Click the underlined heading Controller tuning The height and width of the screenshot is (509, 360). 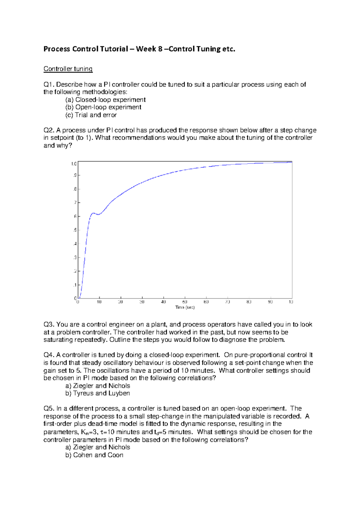68,69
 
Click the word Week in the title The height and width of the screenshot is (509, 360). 146,49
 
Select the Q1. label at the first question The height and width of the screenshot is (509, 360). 49,85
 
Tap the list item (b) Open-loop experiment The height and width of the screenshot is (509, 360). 103,107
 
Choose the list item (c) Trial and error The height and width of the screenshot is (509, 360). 91,115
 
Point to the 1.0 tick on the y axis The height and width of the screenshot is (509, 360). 74,164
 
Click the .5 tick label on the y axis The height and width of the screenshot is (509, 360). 75,230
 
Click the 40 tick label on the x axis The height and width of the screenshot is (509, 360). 163,302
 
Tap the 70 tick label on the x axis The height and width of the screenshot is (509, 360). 228,302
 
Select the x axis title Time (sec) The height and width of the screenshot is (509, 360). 185,308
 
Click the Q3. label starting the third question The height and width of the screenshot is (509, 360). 49,325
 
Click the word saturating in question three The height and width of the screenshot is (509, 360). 58,340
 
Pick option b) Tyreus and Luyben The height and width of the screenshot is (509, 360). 97,393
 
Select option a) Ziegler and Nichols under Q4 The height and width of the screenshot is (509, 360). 97,386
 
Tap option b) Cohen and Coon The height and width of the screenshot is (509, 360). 94,455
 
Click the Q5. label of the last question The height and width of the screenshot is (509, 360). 49,409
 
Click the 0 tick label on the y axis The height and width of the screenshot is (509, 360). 75,298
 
